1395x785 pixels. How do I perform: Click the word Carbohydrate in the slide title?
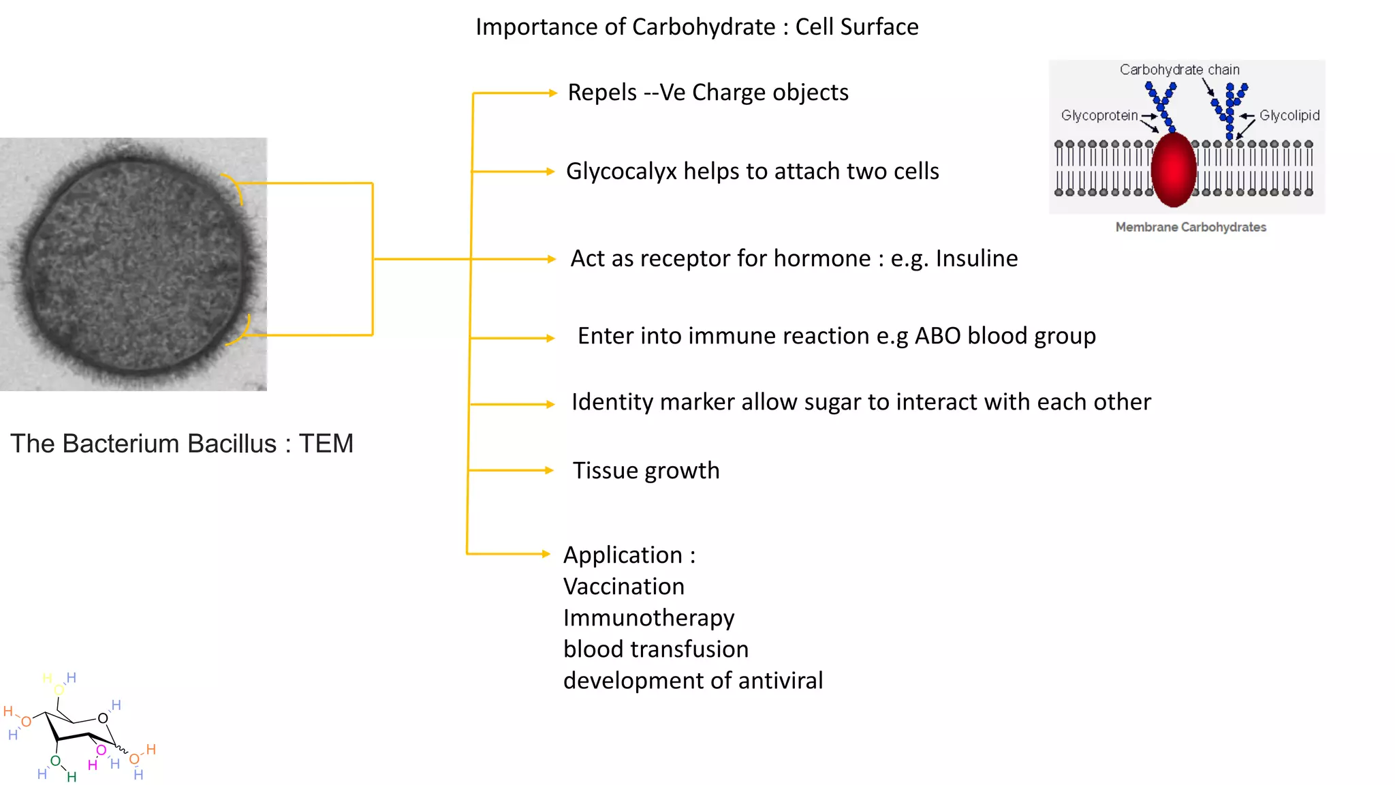pyautogui.click(x=703, y=27)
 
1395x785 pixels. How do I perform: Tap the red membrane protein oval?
pyautogui.click(x=1173, y=170)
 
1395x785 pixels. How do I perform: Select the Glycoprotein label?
pyautogui.click(x=1099, y=115)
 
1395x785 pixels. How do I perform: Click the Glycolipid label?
pyautogui.click(x=1289, y=115)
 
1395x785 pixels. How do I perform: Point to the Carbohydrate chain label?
pyautogui.click(x=1179, y=70)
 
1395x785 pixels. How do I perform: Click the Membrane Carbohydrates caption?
pyautogui.click(x=1190, y=227)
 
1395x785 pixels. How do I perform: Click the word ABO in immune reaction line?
pyautogui.click(x=937, y=336)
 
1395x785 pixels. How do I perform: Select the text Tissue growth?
pyautogui.click(x=646, y=471)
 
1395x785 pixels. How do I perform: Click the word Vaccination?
pyautogui.click(x=623, y=587)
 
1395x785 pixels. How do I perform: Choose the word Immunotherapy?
pyautogui.click(x=648, y=618)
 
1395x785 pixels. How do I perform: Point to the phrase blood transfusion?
pyautogui.click(x=655, y=649)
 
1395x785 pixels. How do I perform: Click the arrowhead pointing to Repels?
pyautogui.click(x=553, y=93)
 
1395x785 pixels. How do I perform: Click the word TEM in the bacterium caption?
pyautogui.click(x=326, y=444)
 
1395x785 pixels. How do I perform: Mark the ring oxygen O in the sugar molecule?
pyautogui.click(x=103, y=718)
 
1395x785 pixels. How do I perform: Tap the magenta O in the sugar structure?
pyautogui.click(x=101, y=750)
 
